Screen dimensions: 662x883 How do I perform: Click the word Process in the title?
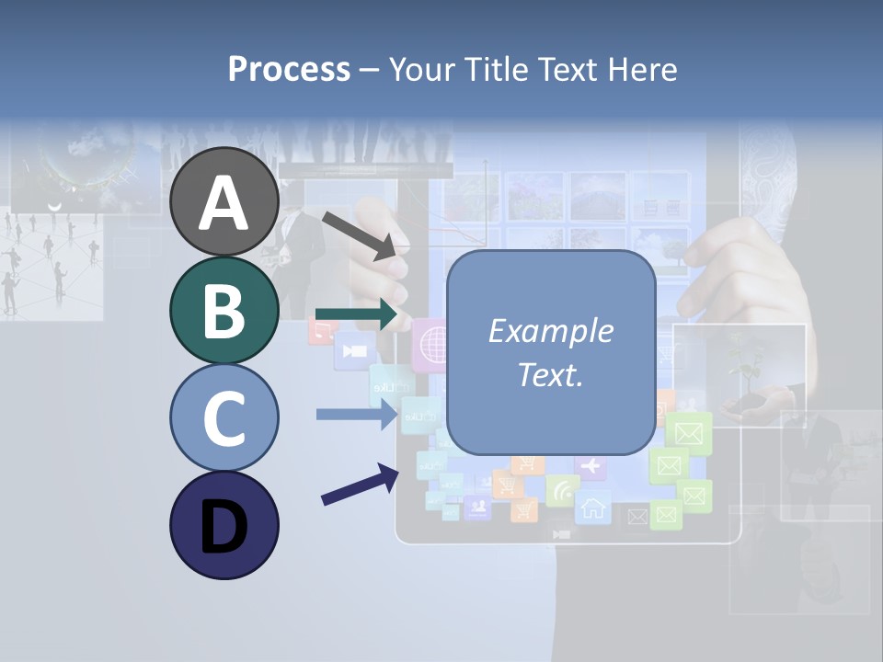point(289,69)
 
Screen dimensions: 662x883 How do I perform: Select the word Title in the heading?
point(498,69)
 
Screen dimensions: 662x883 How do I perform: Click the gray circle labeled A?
point(224,201)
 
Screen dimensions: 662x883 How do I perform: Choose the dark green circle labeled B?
point(224,310)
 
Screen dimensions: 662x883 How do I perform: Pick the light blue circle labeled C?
point(224,417)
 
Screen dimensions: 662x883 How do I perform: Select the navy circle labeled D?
point(224,525)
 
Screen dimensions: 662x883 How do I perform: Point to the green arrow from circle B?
point(357,314)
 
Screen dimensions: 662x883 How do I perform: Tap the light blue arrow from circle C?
point(357,414)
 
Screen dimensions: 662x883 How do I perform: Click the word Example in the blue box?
point(550,331)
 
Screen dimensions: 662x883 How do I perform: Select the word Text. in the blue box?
point(550,374)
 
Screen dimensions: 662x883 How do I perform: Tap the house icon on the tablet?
point(593,507)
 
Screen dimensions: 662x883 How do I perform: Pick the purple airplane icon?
point(590,466)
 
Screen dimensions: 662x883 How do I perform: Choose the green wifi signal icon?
point(561,491)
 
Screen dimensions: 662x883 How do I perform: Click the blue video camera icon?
point(353,351)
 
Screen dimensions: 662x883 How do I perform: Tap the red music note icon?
point(320,331)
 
